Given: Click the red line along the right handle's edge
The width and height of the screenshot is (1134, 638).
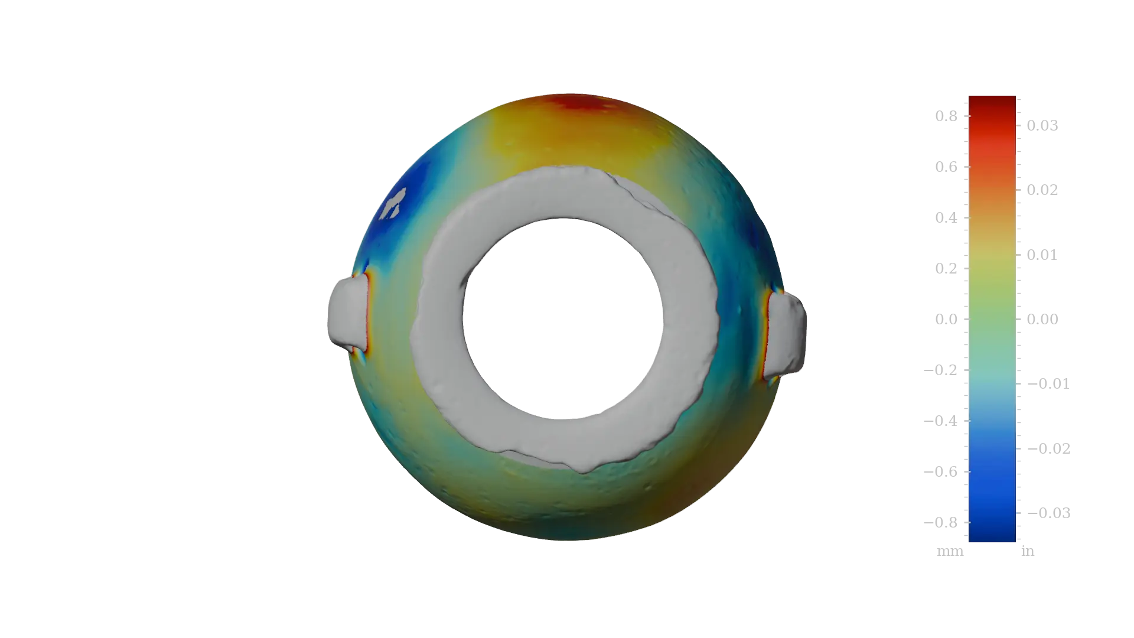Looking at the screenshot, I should click(x=766, y=334).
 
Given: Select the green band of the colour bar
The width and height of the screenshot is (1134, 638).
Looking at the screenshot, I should click(x=992, y=301).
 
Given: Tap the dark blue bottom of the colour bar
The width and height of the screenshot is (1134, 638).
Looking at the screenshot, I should click(x=992, y=532).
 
